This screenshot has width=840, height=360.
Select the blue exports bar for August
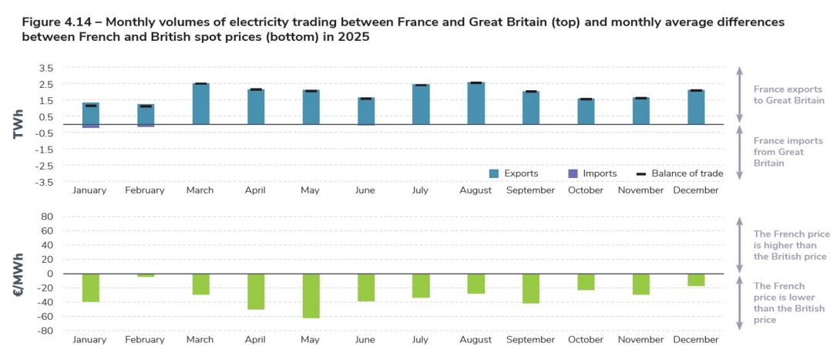pyautogui.click(x=475, y=103)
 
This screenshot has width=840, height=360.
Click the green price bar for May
pyautogui.click(x=311, y=295)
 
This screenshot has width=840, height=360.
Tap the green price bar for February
pyautogui.click(x=146, y=275)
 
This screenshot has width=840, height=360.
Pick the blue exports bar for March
pyautogui.click(x=200, y=104)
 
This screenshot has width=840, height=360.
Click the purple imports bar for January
pyautogui.click(x=91, y=126)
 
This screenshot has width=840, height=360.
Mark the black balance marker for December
pyautogui.click(x=696, y=91)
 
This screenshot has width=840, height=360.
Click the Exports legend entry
pyautogui.click(x=513, y=173)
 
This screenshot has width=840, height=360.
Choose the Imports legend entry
pyautogui.click(x=592, y=173)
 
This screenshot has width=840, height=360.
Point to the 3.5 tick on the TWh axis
pyautogui.click(x=45, y=68)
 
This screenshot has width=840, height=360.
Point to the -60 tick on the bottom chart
pyautogui.click(x=45, y=316)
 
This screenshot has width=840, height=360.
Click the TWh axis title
pyautogui.click(x=18, y=125)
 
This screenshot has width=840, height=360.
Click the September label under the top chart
pyautogui.click(x=530, y=190)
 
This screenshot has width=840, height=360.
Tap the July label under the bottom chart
pyautogui.click(x=420, y=339)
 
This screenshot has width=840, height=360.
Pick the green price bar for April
pyautogui.click(x=256, y=291)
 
